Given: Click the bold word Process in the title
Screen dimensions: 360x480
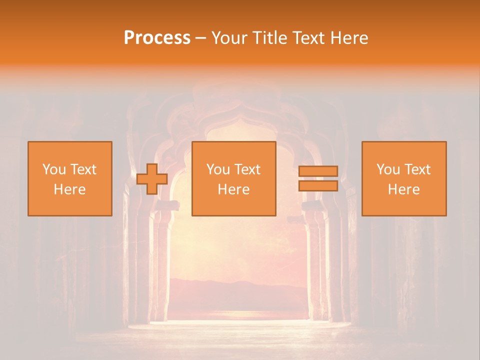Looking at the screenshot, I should pyautogui.click(x=157, y=38).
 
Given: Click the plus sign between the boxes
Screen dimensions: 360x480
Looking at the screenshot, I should pyautogui.click(x=152, y=179).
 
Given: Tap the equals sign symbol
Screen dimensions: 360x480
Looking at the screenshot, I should pyautogui.click(x=318, y=178).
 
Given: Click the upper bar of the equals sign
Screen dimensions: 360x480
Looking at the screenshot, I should pyautogui.click(x=318, y=171).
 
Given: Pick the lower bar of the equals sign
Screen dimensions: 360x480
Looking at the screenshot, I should pyautogui.click(x=318, y=185).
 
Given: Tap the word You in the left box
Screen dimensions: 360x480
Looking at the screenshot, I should pyautogui.click(x=53, y=169).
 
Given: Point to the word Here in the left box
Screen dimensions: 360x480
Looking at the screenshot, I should pyautogui.click(x=69, y=189).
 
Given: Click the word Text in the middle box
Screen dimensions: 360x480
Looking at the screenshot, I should pyautogui.click(x=247, y=169).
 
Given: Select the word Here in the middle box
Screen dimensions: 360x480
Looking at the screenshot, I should pyautogui.click(x=233, y=189).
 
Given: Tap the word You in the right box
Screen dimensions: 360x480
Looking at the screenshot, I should pyautogui.click(x=387, y=169).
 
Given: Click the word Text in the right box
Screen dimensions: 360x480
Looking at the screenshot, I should pyautogui.click(x=417, y=169).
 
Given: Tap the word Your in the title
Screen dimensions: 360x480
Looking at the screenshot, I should pyautogui.click(x=229, y=38).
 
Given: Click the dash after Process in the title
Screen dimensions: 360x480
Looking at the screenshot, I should pyautogui.click(x=201, y=38).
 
